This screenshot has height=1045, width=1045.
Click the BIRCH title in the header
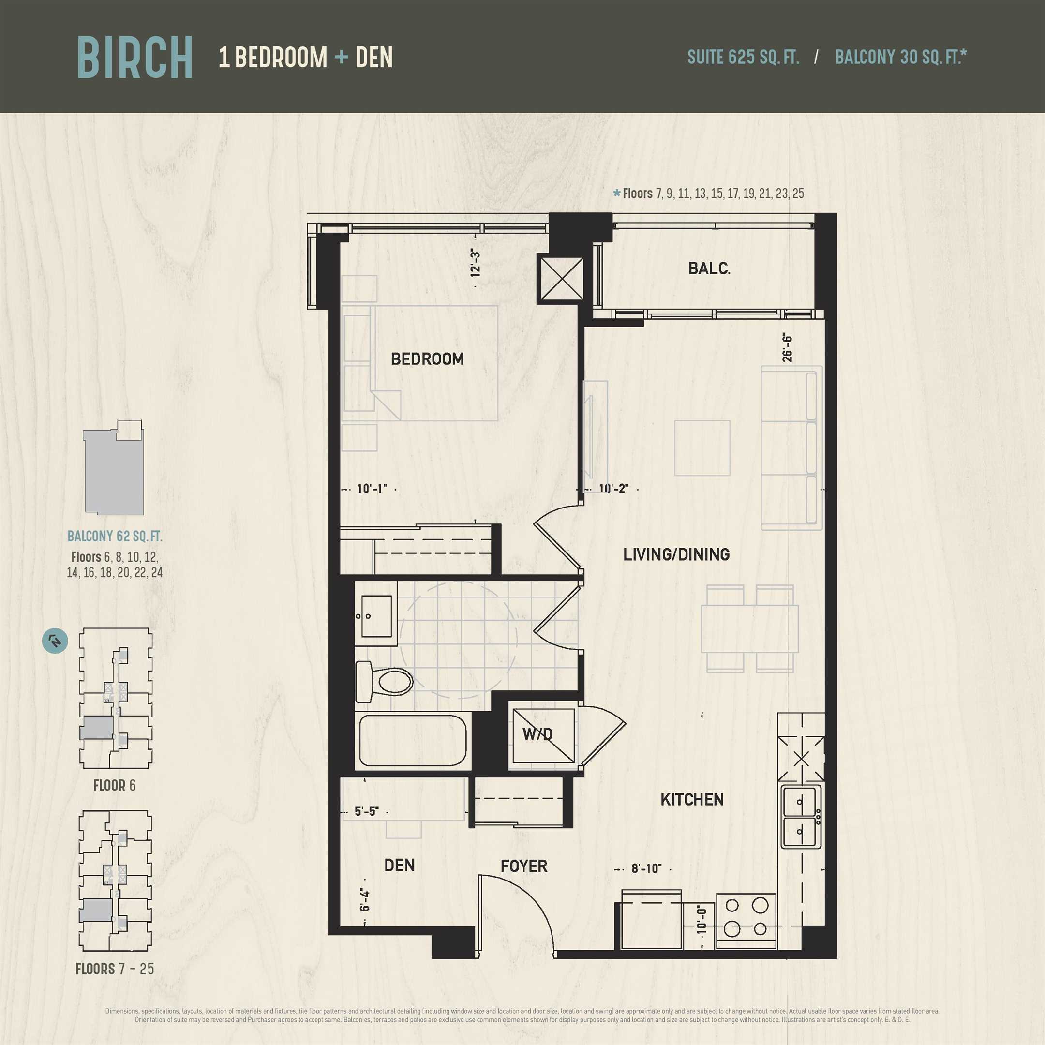134,58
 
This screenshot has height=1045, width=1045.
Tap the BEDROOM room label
427,358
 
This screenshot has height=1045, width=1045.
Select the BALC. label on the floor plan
709,269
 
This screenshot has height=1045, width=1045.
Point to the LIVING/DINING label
676,554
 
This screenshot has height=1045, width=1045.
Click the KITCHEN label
692,799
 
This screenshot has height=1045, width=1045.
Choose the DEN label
400,866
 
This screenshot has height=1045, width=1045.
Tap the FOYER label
523,866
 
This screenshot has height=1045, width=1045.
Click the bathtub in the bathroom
412,741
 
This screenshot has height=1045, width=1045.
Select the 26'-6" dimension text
787,348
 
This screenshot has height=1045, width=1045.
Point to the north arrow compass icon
55,641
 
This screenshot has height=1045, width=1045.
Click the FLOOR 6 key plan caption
114,785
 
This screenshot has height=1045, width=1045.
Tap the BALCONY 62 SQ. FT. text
115,536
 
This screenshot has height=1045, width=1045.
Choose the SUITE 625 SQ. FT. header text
743,57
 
